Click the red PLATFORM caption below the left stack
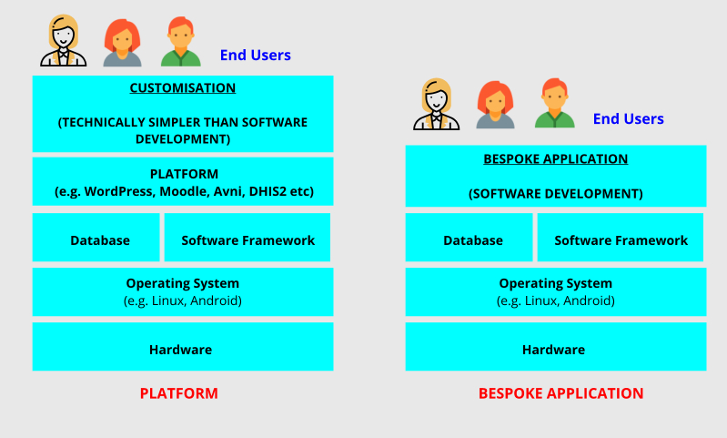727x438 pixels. (178, 393)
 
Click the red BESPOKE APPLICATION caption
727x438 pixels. (560, 393)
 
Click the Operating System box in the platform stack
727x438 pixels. (182, 291)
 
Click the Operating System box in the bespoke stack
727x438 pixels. (555, 291)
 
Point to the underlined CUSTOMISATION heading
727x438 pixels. (182, 88)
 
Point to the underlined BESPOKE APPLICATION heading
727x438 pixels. (555, 158)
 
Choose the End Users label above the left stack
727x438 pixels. (255, 56)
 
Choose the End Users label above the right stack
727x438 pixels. (628, 119)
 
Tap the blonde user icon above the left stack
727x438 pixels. (63, 44)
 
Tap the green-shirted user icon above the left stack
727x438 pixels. (181, 44)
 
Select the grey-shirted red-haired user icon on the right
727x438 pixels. (495, 105)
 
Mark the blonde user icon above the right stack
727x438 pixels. (436, 105)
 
